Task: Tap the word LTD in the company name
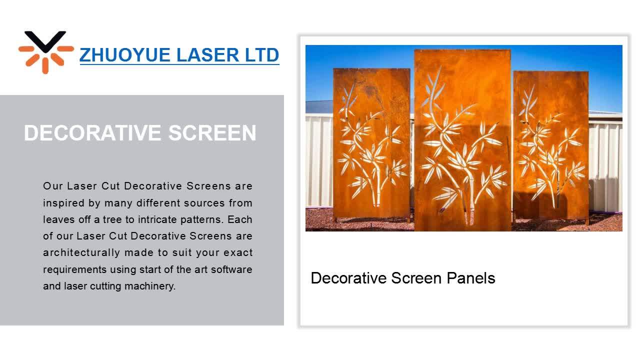pos(261,55)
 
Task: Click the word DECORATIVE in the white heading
pos(92,133)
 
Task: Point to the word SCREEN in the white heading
pos(212,133)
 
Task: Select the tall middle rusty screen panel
pos(462,140)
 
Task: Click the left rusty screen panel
pos(371,145)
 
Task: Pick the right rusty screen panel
pos(550,145)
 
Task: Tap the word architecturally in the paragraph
pos(81,252)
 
